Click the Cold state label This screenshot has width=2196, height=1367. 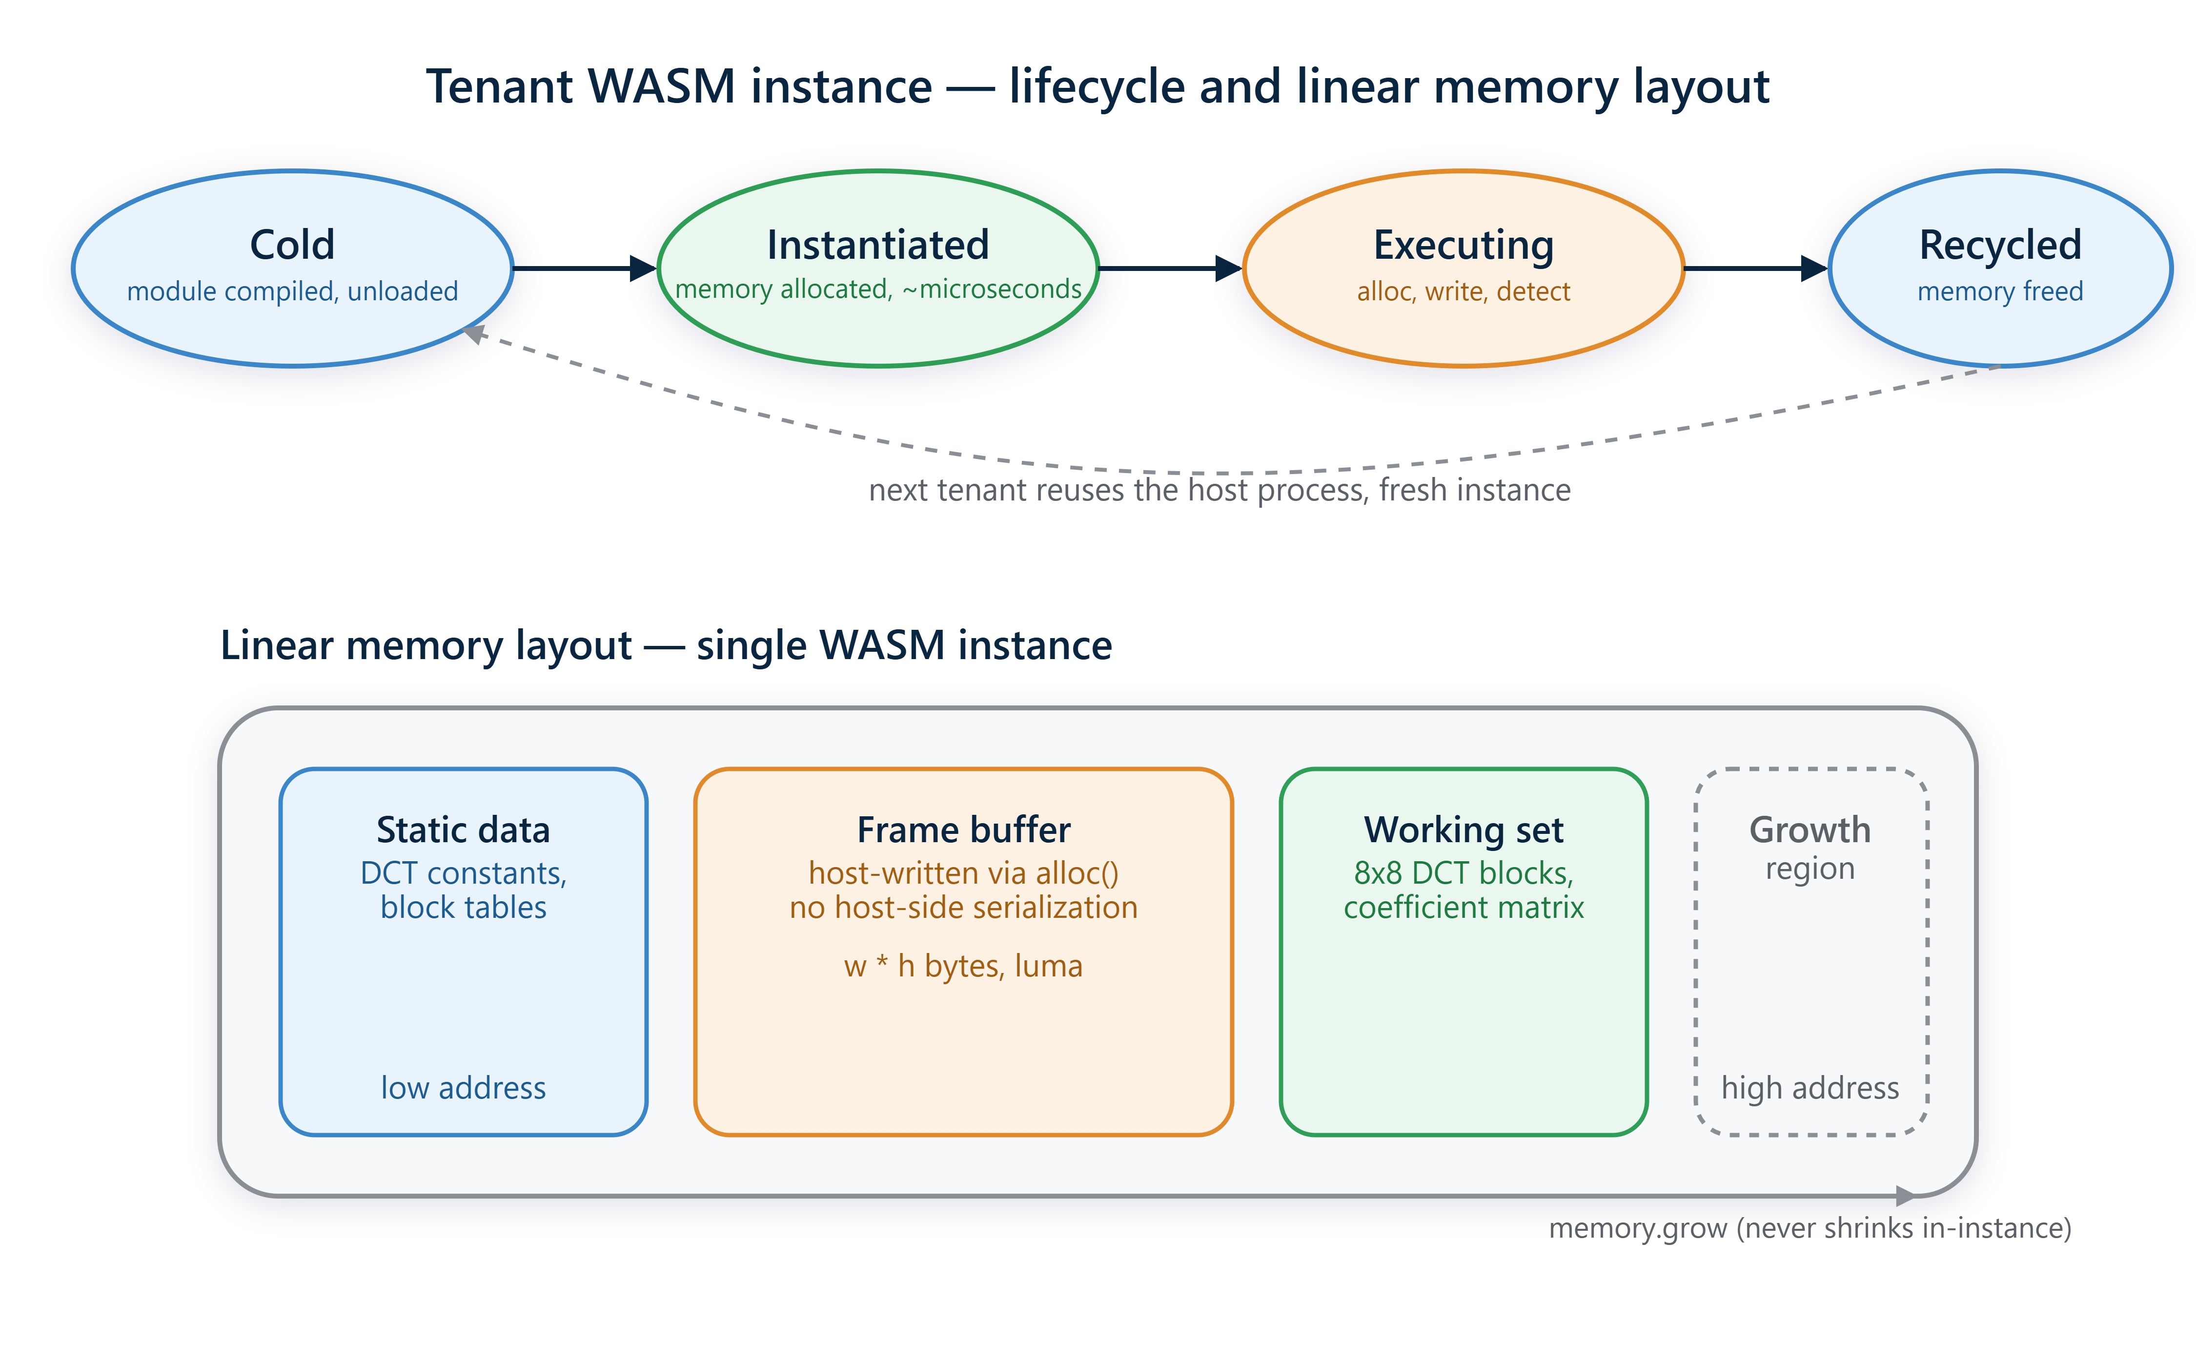coord(292,245)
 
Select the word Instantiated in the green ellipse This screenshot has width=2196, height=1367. coord(877,245)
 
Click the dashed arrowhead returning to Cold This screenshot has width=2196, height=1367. coord(473,333)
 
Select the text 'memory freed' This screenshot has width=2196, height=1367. coord(2000,291)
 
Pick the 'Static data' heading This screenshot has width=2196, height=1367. coord(463,830)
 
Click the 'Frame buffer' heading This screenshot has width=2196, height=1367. coord(963,830)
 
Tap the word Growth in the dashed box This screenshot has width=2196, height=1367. coord(1809,830)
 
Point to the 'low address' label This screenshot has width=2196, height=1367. coord(463,1088)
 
